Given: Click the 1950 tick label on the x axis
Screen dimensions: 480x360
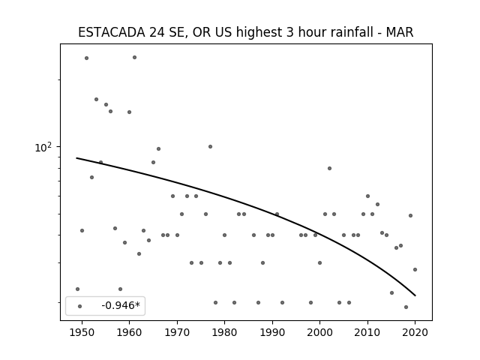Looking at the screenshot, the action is pos(82,332).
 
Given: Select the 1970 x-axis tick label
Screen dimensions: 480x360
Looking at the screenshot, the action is pos(177,332).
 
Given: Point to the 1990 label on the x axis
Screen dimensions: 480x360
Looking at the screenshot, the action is pos(272,332).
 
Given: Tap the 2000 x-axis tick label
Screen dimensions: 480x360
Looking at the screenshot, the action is pos(320,332).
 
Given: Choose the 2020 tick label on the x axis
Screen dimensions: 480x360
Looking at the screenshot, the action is pos(415,332).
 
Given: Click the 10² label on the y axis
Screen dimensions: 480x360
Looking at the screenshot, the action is pos(43,148).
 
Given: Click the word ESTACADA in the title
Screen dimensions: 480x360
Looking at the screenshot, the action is pos(112,32).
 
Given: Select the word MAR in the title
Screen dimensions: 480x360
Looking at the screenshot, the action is pos(400,32).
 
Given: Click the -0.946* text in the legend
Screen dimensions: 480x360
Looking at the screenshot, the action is pos(121,305).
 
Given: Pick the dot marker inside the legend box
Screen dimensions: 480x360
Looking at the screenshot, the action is pos(80,306).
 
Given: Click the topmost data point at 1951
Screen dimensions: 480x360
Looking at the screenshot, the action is pos(87,58).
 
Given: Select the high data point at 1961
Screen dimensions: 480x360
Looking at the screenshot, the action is pos(134,58).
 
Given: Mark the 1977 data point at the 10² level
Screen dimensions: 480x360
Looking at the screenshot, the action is pos(210,147).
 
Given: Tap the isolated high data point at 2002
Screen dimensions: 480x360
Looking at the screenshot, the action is pos(329,168).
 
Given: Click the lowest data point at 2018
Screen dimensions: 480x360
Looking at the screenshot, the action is pos(406,307).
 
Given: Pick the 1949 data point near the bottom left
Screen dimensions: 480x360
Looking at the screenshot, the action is pos(77,289).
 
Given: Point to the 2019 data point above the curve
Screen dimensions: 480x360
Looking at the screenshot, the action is pos(410,215).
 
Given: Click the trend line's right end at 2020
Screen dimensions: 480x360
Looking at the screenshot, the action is pos(415,295).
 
